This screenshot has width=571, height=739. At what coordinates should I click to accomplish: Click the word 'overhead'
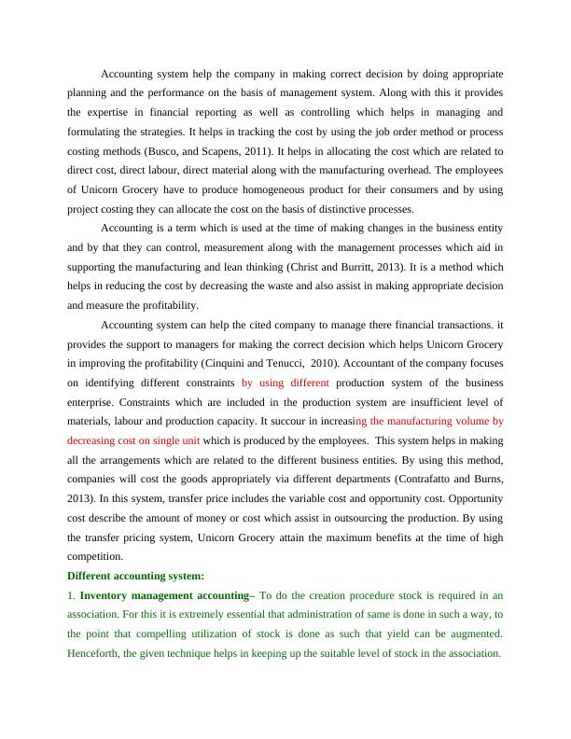pyautogui.click(x=393, y=171)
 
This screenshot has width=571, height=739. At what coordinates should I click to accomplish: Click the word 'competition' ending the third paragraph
pyautogui.click(x=98, y=557)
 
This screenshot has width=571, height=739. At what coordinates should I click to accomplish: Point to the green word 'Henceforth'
pyautogui.click(x=93, y=654)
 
